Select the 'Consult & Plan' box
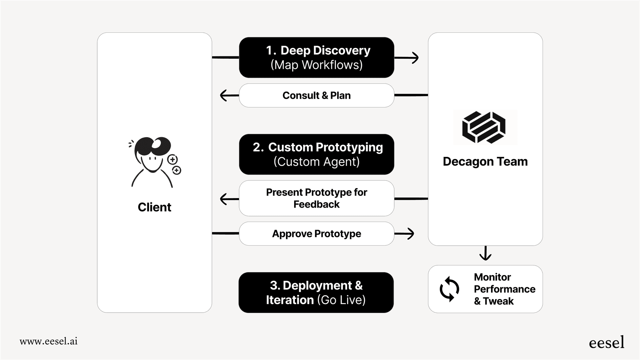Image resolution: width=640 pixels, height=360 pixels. (x=316, y=96)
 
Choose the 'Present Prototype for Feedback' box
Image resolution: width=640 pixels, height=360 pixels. (x=316, y=198)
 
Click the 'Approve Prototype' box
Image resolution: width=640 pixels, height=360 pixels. (x=316, y=234)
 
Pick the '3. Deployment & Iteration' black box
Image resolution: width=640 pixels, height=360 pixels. (x=316, y=293)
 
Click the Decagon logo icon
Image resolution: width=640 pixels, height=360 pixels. (x=484, y=127)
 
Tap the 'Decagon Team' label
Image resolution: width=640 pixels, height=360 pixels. (x=485, y=162)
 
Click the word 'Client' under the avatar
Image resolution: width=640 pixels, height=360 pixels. (x=154, y=207)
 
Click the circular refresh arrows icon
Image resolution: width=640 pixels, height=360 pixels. (x=450, y=289)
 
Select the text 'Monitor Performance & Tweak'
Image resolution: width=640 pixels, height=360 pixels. (x=504, y=289)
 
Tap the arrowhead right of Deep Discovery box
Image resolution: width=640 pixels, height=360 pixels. (x=415, y=58)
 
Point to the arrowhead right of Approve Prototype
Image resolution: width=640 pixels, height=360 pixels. (x=411, y=234)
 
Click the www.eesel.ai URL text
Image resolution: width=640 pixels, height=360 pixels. (x=48, y=341)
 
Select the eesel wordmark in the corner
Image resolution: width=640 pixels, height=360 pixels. (x=606, y=342)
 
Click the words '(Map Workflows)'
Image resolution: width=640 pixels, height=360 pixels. (x=316, y=65)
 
